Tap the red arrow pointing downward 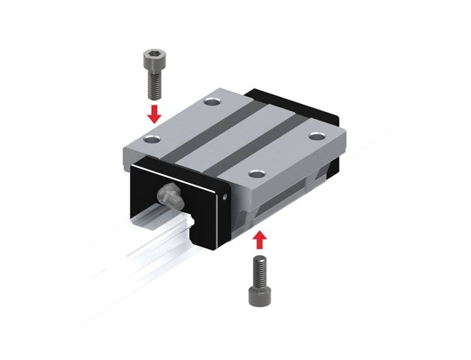154,113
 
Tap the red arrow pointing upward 259,240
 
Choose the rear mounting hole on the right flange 317,135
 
